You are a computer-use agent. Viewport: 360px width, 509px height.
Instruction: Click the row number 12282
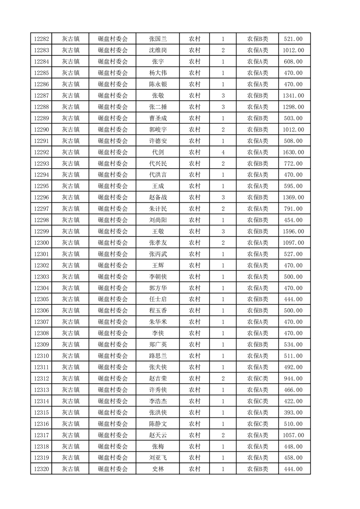[41, 39]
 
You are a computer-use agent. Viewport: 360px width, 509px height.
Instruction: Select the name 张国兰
[158, 39]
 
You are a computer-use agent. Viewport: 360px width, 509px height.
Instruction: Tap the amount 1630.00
[293, 152]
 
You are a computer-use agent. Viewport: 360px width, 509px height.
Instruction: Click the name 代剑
[158, 152]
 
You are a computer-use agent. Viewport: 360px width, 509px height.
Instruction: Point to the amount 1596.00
[293, 231]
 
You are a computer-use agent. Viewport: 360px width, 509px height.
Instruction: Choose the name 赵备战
[158, 197]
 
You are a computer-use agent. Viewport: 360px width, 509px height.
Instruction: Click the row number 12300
[41, 243]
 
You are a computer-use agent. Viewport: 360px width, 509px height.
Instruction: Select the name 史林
[158, 469]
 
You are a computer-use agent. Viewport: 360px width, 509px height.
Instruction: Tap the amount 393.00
[293, 412]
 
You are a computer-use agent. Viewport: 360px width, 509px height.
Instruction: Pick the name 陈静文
[158, 424]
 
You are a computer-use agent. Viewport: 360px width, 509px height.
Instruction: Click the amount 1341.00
[293, 96]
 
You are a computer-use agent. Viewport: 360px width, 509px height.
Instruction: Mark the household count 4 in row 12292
[223, 152]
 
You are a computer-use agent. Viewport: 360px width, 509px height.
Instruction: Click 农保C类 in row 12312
[257, 378]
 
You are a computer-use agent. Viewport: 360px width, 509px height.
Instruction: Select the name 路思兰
[158, 356]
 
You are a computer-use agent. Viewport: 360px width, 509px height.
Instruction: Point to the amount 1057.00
[293, 435]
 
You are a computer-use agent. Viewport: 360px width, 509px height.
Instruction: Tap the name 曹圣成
[158, 118]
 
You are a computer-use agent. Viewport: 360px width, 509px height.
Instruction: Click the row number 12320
[41, 469]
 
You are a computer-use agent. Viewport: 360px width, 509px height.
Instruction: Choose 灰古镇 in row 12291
[71, 141]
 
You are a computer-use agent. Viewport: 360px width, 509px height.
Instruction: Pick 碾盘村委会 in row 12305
[113, 299]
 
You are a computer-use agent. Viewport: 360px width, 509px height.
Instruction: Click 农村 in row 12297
[195, 209]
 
